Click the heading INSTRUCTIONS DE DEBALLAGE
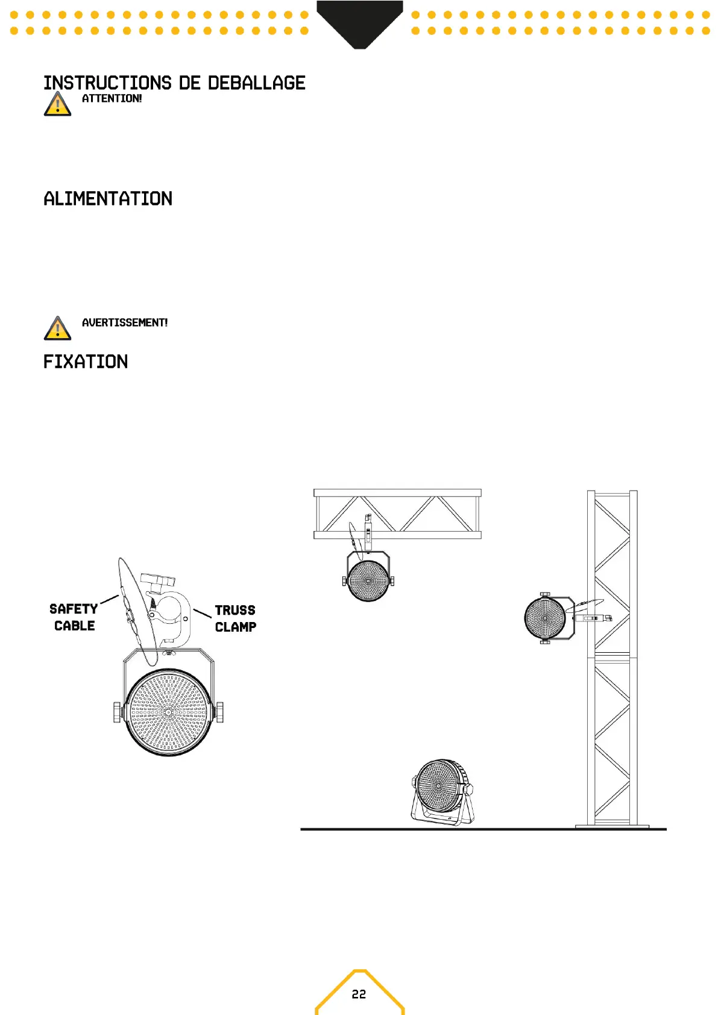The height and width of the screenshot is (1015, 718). click(x=174, y=83)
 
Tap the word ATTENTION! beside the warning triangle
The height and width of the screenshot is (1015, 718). click(x=112, y=99)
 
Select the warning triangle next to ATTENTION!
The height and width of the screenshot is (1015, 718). click(x=57, y=104)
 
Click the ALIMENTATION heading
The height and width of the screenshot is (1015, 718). click(x=108, y=199)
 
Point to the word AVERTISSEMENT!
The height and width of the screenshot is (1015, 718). click(x=125, y=323)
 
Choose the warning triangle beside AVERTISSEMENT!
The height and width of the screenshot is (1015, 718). click(x=57, y=328)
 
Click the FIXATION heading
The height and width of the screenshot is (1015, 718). click(x=86, y=362)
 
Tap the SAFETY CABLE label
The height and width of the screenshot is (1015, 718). click(x=74, y=617)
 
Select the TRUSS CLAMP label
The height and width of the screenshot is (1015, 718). click(x=235, y=618)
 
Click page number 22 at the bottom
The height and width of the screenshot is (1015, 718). click(x=359, y=994)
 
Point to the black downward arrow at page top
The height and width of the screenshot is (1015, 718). click(x=359, y=24)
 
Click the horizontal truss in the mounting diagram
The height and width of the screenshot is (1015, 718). click(x=397, y=514)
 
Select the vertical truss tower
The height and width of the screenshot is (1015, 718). click(x=613, y=657)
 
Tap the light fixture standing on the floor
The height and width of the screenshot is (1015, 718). click(x=442, y=791)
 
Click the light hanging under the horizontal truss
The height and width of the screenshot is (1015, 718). click(x=368, y=579)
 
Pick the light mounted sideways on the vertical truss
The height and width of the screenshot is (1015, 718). click(x=546, y=618)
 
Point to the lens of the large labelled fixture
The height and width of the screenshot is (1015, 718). click(x=169, y=712)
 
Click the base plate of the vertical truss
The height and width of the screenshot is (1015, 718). click(x=613, y=826)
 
